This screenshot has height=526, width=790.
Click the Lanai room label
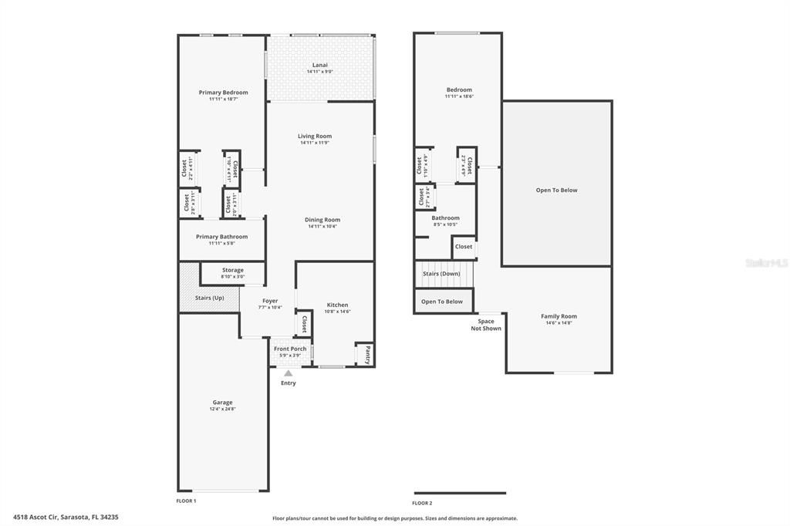[x=319, y=65]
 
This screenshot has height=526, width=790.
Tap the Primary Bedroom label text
[x=223, y=93]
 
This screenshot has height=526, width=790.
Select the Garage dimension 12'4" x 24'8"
[x=222, y=410]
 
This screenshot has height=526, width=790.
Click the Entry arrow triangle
[x=288, y=373]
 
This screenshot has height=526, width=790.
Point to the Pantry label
[x=368, y=355]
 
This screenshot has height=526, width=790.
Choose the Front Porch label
[x=290, y=349]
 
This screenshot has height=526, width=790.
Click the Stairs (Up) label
[x=210, y=298]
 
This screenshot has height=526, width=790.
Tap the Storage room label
[x=232, y=270]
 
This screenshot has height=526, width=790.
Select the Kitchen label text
[x=337, y=305]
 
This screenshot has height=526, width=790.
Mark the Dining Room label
[x=322, y=220]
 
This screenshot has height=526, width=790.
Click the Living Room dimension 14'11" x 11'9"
[x=315, y=143]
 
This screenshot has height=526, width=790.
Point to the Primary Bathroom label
[x=221, y=237]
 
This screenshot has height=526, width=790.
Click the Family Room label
[x=559, y=316]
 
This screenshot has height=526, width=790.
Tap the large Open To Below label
[x=557, y=191]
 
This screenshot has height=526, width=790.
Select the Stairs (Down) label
[x=442, y=274]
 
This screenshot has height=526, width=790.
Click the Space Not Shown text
[x=486, y=325]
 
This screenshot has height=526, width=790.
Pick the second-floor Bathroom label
[x=445, y=218]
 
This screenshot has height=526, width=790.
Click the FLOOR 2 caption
[x=422, y=503]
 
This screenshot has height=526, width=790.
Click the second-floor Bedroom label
[x=459, y=90]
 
